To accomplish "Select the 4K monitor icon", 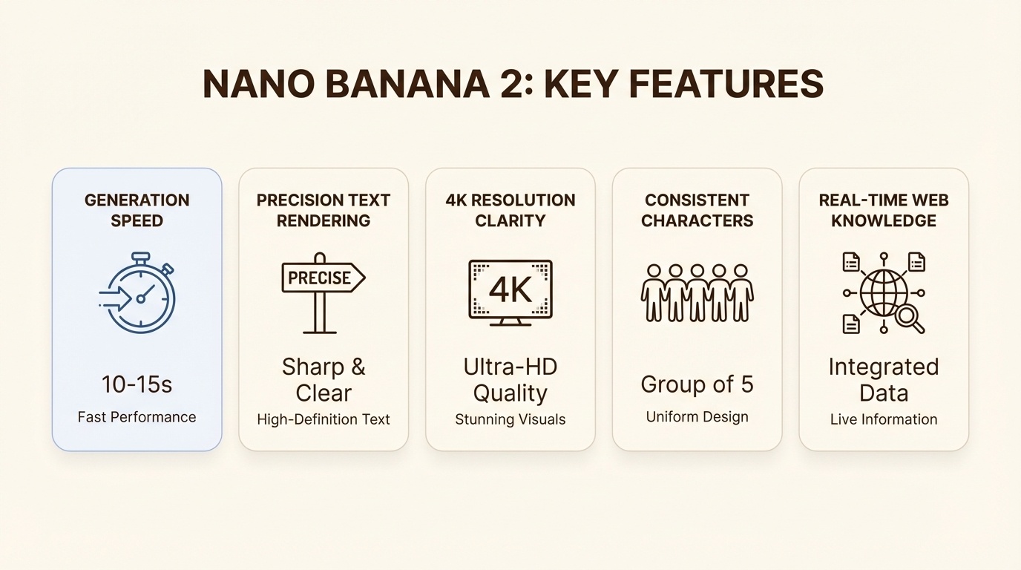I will click(x=510, y=292).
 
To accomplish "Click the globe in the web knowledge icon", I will click(x=883, y=292).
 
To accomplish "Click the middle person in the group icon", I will click(x=697, y=292).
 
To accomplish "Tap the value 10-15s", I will click(x=137, y=384).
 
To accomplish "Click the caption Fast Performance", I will click(x=137, y=417).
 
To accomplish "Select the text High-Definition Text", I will click(x=324, y=419).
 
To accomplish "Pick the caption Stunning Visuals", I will click(x=510, y=419).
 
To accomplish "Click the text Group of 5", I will click(x=697, y=384).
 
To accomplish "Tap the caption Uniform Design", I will click(x=697, y=417).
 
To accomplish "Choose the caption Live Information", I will click(x=884, y=419).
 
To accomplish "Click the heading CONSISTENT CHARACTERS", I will click(x=697, y=210).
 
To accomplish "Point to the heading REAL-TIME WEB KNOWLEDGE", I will click(x=884, y=210).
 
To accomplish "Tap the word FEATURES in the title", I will click(x=726, y=85).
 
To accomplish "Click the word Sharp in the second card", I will click(x=312, y=367).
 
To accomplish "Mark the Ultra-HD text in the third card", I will click(x=510, y=367).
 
